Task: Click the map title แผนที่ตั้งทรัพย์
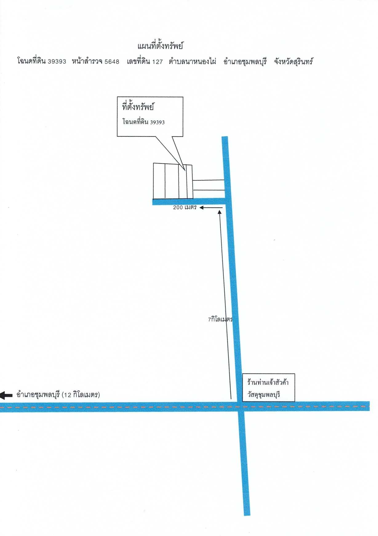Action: (x=160, y=46)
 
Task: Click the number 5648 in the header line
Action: (x=112, y=62)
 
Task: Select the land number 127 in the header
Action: (x=157, y=62)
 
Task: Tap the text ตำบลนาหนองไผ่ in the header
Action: (x=192, y=62)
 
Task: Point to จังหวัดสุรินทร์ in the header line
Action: (x=293, y=62)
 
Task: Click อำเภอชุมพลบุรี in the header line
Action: (x=245, y=62)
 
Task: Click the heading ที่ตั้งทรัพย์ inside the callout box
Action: (x=138, y=107)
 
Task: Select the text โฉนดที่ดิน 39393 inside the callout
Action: (x=143, y=122)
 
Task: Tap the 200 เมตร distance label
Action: (x=185, y=207)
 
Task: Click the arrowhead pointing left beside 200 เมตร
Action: (x=201, y=208)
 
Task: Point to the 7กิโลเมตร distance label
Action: (x=220, y=319)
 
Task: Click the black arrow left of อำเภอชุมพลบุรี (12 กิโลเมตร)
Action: (x=6, y=395)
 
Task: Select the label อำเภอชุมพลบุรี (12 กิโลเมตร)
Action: (x=58, y=394)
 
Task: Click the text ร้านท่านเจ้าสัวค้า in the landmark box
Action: (x=268, y=382)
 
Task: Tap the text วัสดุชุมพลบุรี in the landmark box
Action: (x=264, y=394)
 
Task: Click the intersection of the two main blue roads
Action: (x=241, y=406)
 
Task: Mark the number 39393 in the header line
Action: (x=57, y=62)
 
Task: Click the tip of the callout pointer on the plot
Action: (x=185, y=170)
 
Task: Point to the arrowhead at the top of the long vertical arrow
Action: (x=220, y=212)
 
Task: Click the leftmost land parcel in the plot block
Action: (x=159, y=181)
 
